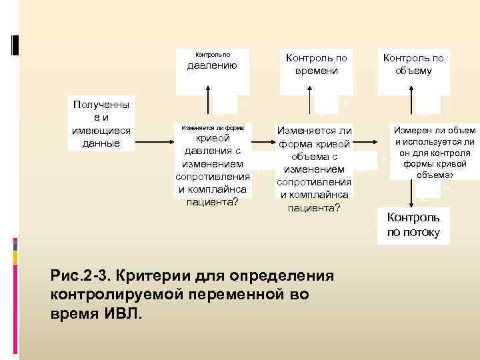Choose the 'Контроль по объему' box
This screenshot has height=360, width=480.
[413, 65]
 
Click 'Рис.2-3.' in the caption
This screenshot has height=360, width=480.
[78, 276]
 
